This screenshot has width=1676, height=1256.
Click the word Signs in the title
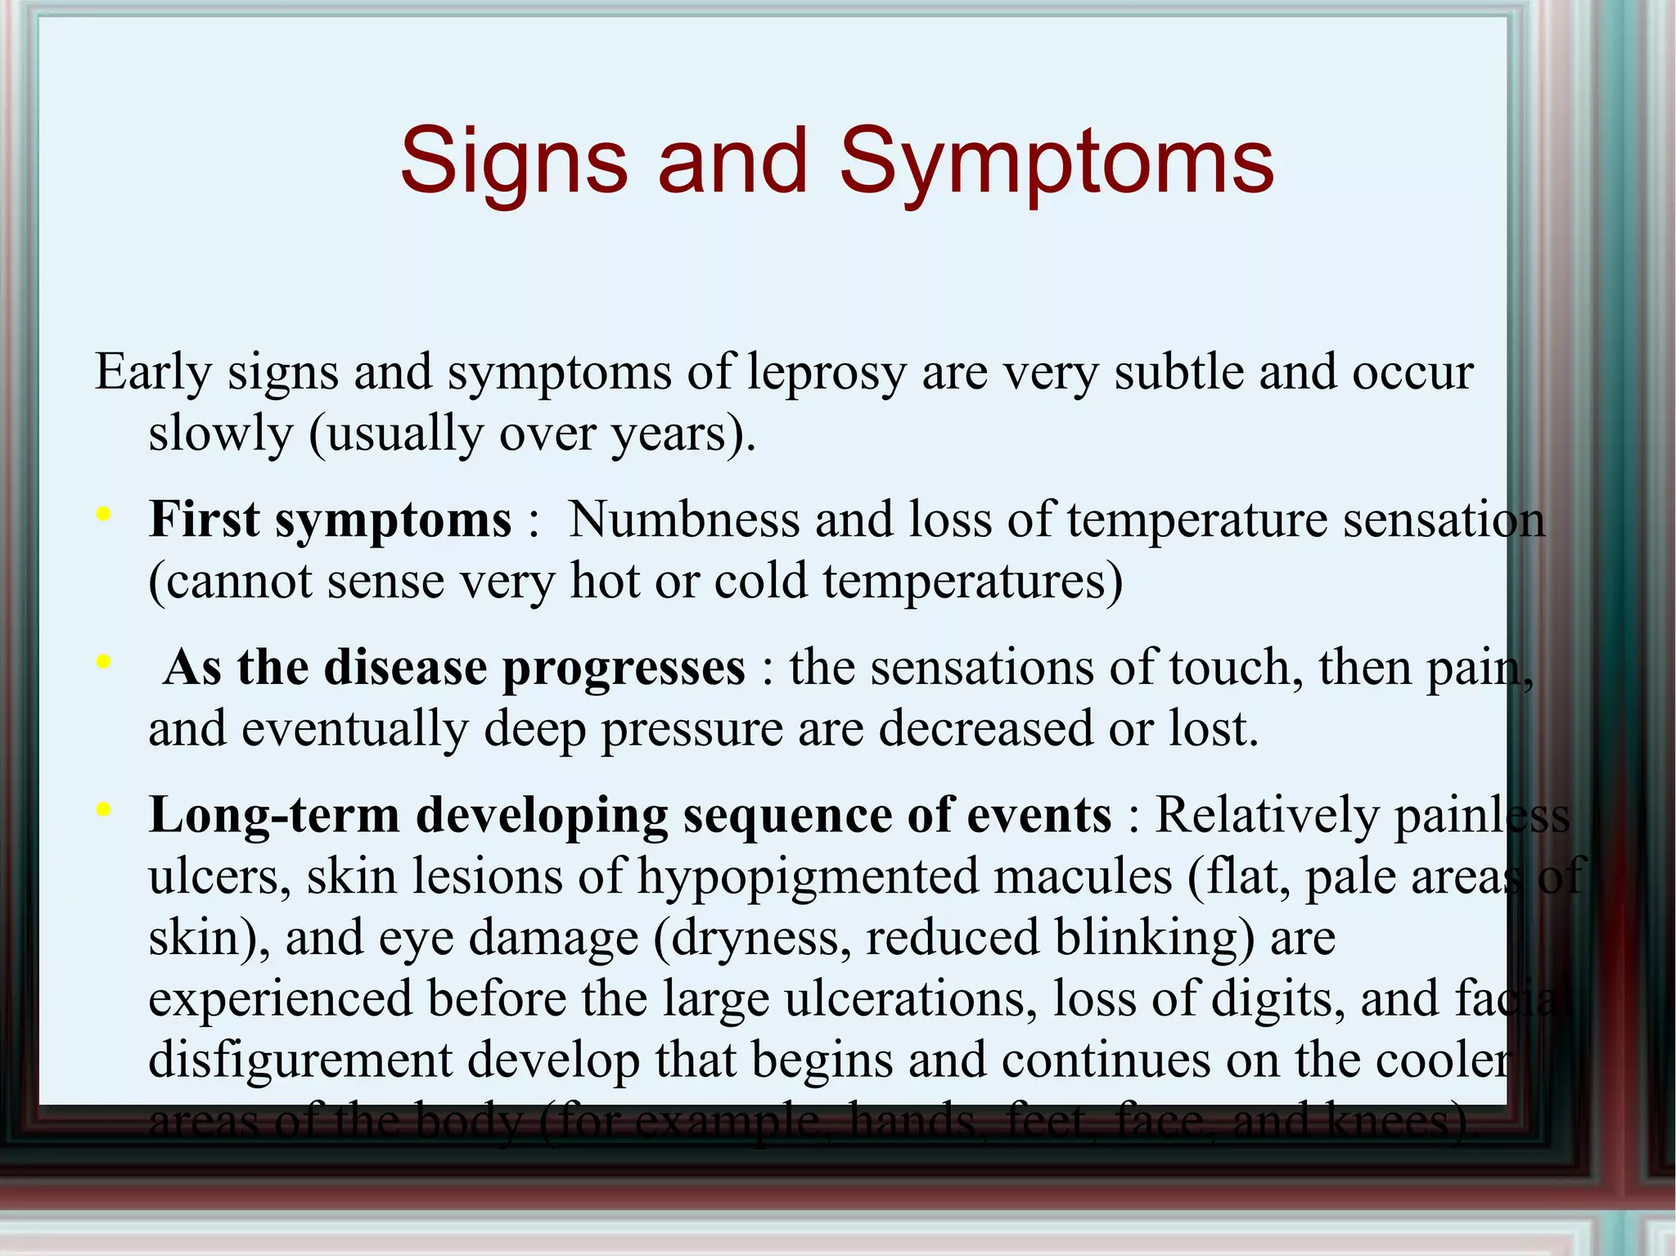coord(513,161)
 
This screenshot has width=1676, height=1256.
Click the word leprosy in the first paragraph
coord(827,373)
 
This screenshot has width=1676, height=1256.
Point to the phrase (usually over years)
coord(532,434)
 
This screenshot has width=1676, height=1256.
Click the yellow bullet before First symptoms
coord(103,515)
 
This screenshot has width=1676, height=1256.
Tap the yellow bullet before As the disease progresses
coord(103,661)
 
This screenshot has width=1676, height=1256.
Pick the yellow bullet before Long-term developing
coord(103,809)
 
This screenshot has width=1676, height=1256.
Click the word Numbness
coord(683,520)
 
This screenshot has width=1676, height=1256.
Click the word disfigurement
coord(300,1061)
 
